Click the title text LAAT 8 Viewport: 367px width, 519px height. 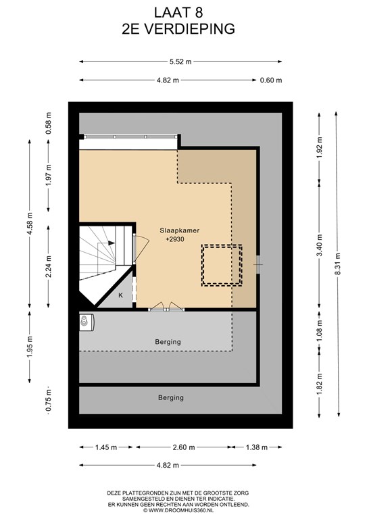(x=178, y=13)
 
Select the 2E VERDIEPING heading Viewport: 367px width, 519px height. (x=178, y=29)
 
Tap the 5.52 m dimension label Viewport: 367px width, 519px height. (x=180, y=61)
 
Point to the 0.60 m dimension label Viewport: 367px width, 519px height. (x=271, y=80)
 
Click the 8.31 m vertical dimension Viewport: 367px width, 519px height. (x=337, y=264)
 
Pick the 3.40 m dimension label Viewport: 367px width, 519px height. (x=319, y=245)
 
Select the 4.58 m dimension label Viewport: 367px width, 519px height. (x=30, y=224)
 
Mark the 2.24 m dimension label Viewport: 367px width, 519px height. (x=49, y=267)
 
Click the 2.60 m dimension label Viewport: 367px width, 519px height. (x=184, y=447)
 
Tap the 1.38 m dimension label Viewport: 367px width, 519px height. (x=256, y=447)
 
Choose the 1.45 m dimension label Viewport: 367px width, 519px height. (x=106, y=447)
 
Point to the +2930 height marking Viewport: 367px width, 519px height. (x=175, y=239)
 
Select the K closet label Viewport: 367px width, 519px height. (x=120, y=295)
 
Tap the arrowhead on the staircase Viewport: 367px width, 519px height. (x=112, y=243)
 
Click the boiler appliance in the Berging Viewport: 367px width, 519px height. (x=87, y=322)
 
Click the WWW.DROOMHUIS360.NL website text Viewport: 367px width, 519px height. (x=178, y=510)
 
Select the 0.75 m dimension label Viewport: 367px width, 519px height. (x=49, y=401)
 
